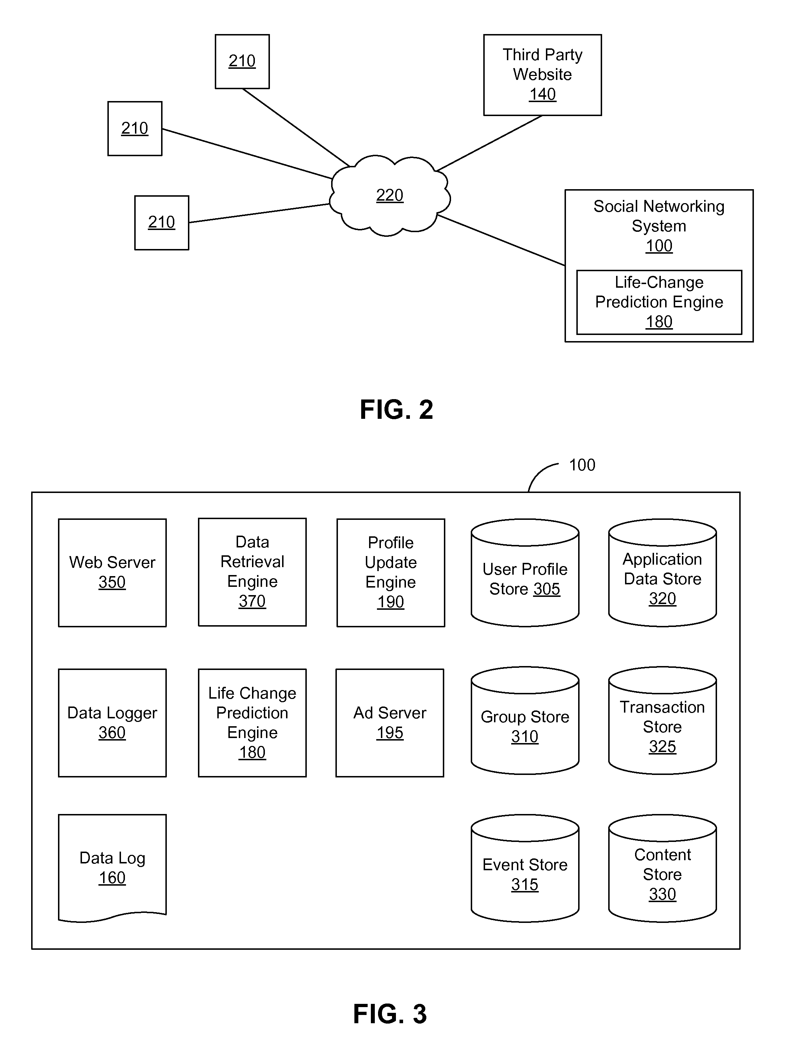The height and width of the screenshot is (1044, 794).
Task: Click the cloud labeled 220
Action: (390, 195)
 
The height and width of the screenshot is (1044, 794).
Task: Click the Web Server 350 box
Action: (112, 573)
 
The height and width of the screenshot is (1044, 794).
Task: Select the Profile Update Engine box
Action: (391, 573)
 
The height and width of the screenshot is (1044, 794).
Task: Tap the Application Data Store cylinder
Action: (662, 573)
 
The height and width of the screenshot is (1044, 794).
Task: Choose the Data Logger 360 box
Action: (112, 723)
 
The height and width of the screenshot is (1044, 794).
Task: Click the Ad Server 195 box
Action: (389, 723)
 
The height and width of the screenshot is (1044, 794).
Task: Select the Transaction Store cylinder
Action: (662, 720)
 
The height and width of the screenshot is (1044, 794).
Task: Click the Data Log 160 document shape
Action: (112, 868)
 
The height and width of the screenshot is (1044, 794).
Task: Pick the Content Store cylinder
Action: (662, 868)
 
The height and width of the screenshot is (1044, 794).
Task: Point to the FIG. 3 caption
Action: (390, 1014)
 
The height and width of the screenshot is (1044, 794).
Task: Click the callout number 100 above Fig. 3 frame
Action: (582, 465)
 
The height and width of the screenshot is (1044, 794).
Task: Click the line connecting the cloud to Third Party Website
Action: (489, 143)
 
